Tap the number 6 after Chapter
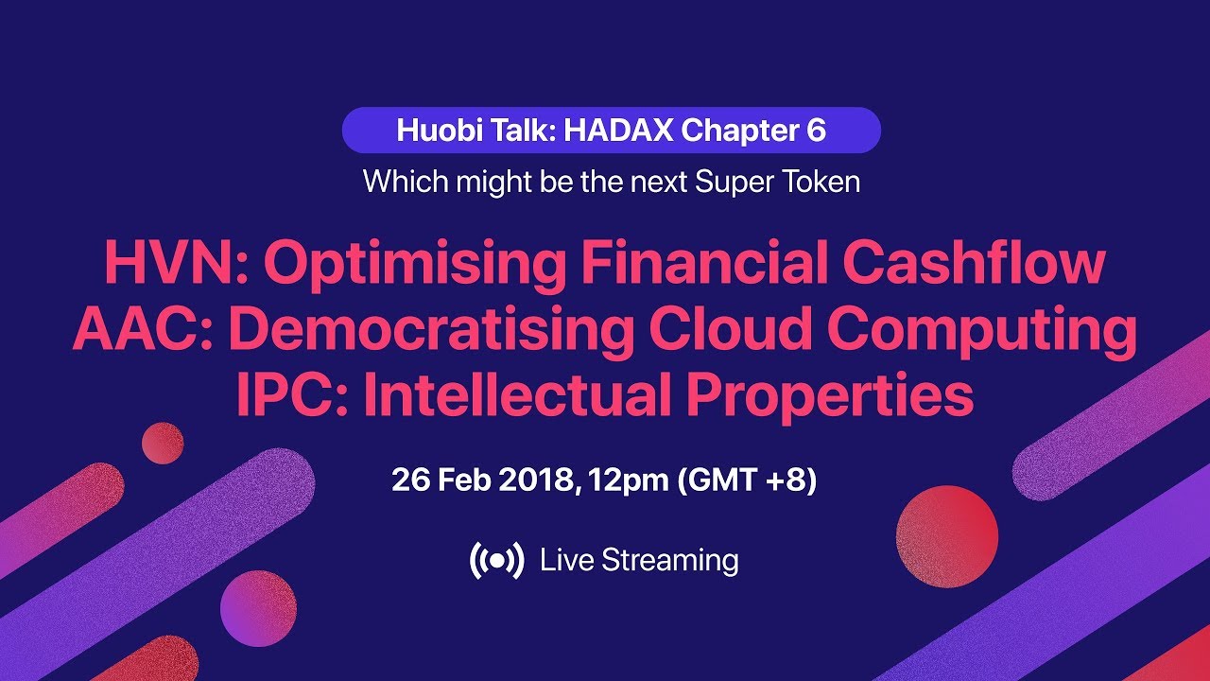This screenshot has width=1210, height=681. point(816,131)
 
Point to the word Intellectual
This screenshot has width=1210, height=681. point(515,395)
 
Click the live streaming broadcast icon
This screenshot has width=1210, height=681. point(496,561)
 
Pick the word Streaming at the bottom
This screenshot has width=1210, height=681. point(670,561)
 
